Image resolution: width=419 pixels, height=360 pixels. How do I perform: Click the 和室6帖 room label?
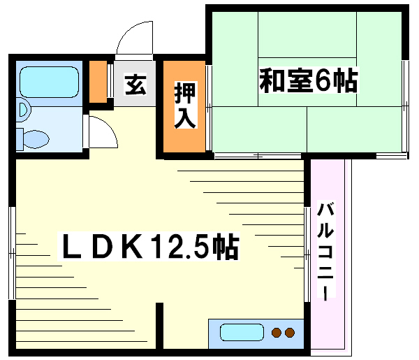309,80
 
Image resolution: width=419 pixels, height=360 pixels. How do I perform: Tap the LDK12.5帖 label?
149,246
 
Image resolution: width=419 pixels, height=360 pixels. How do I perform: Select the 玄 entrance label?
135,85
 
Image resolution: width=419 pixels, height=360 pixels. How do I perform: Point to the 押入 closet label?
185,105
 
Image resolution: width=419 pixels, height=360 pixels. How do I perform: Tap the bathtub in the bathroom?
49,82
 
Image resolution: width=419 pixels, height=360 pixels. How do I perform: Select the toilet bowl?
36,139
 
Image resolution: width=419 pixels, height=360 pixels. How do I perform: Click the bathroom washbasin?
24,110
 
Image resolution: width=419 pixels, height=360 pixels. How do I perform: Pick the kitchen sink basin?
242,332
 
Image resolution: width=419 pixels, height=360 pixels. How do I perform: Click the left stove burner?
277,333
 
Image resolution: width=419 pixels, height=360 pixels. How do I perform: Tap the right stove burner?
290,333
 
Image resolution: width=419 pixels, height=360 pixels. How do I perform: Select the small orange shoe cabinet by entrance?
98,82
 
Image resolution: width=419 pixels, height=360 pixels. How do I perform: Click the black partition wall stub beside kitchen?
159,326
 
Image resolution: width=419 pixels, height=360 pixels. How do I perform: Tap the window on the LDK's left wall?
13,253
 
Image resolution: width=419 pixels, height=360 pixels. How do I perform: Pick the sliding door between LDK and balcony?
307,254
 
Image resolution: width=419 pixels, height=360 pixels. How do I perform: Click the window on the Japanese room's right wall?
406,106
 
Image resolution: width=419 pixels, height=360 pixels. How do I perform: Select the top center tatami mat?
307,35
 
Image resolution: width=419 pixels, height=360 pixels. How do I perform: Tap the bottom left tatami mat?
260,129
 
